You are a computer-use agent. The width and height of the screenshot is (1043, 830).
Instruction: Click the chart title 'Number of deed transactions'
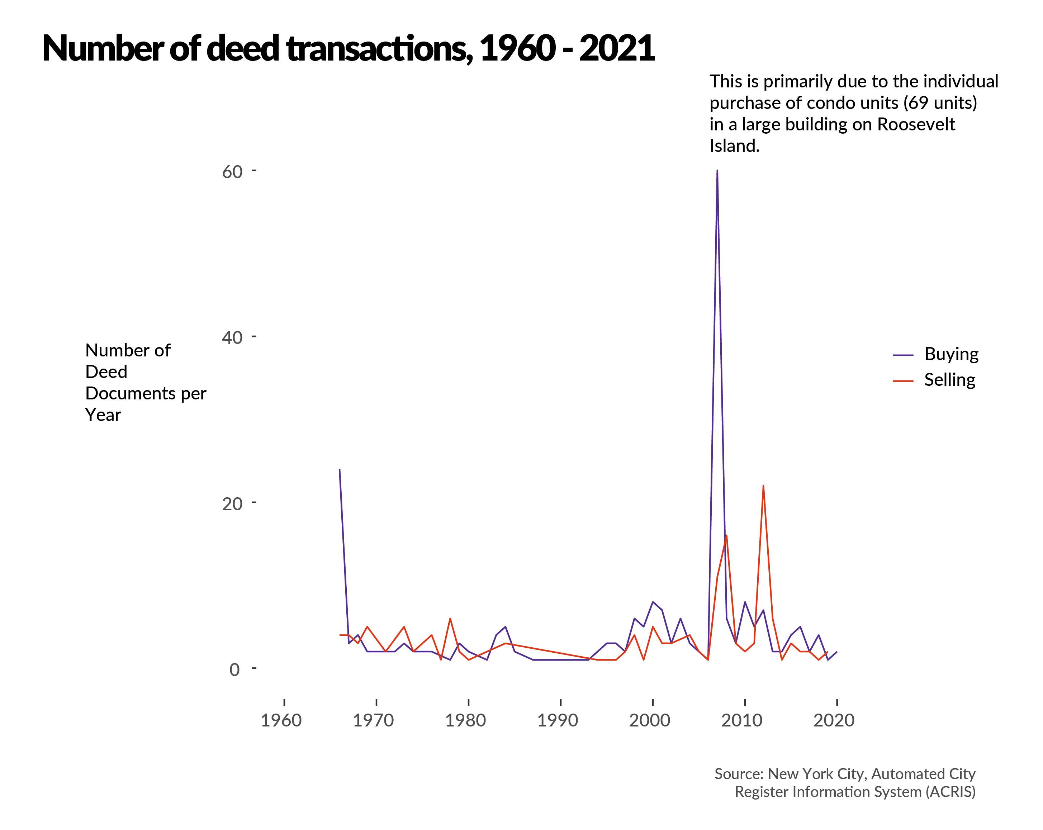click(348, 48)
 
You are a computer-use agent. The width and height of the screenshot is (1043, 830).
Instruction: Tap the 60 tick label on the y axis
click(232, 172)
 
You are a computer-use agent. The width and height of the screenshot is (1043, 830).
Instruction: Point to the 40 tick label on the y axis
click(232, 337)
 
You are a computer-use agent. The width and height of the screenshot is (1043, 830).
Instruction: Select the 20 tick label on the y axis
click(232, 504)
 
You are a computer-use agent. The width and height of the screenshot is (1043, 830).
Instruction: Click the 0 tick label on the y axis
click(234, 670)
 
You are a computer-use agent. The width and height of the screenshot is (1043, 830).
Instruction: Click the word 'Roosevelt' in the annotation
click(916, 124)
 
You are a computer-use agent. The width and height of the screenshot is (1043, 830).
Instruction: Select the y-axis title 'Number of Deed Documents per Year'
click(145, 382)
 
